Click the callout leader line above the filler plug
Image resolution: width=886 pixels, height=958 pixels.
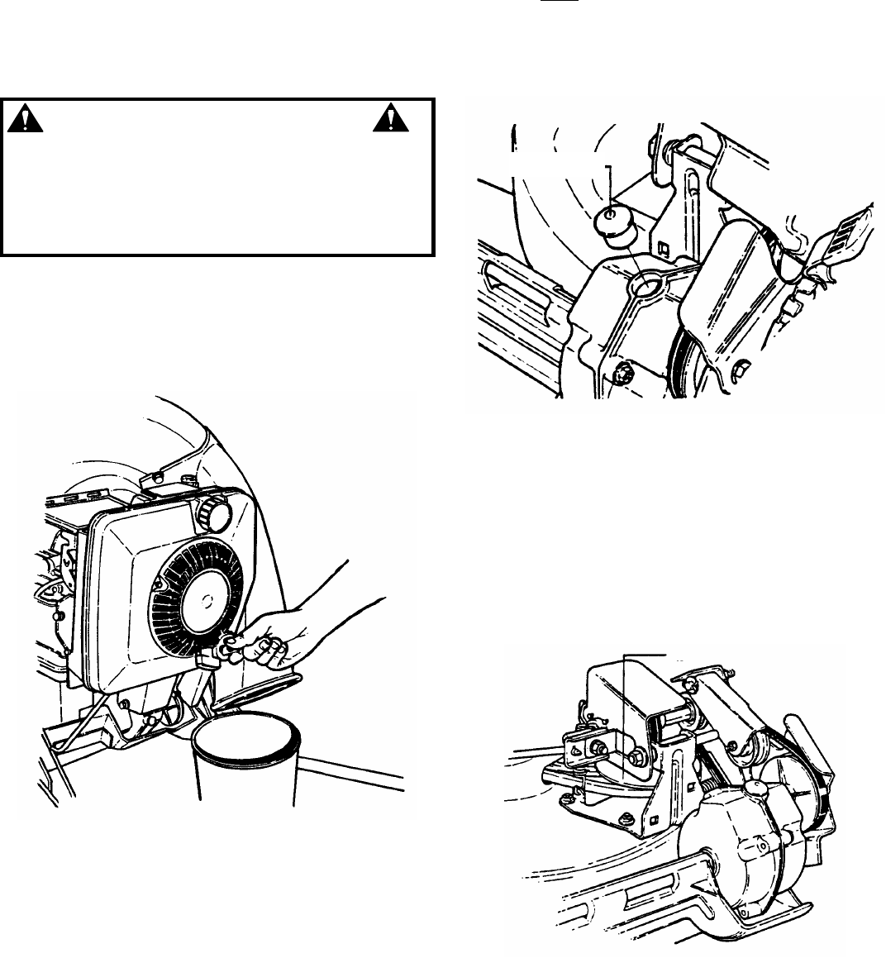click(x=609, y=186)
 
